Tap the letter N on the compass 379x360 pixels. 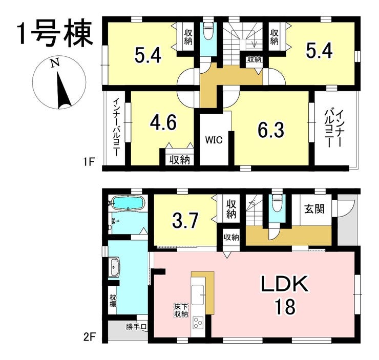pos(55,64)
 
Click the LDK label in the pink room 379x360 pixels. pos(284,284)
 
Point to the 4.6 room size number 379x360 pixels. pos(163,122)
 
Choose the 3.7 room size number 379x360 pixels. pos(185,220)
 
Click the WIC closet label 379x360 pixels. pos(214,140)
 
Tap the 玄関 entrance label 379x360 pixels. pos(314,209)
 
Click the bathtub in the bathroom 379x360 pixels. pos(128,203)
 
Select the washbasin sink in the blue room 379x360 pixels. pos(114,267)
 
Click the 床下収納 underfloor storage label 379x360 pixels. pos(181,310)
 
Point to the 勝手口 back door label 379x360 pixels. pos(136,327)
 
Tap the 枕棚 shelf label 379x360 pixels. pos(113,301)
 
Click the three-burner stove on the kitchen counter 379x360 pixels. pos(198,323)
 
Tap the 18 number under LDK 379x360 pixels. pos(284,306)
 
